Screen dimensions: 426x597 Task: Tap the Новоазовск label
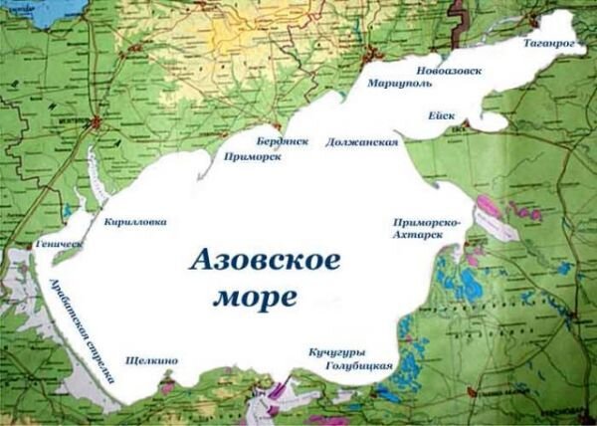tap(452, 72)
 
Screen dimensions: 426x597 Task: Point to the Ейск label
tap(442, 115)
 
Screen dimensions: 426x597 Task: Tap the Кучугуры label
tap(336, 353)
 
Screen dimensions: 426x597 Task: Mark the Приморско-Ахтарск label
tap(426, 230)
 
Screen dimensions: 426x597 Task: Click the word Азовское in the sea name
tap(264, 262)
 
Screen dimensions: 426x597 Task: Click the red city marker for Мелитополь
tap(97, 122)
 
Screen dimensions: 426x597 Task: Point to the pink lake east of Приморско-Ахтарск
tap(488, 209)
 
